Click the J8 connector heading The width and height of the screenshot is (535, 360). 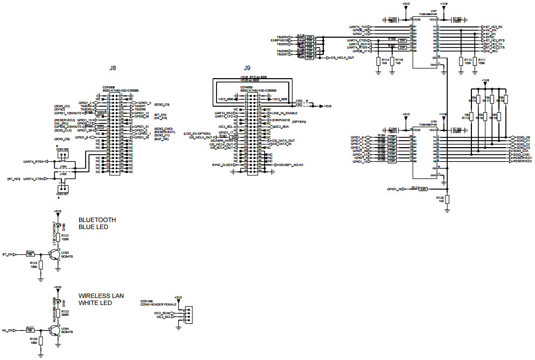[x=113, y=68]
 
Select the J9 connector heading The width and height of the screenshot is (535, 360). [x=247, y=68]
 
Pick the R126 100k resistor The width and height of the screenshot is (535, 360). [x=41, y=342]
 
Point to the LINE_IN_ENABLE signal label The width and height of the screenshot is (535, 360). [x=285, y=113]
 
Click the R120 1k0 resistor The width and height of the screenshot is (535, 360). [x=447, y=200]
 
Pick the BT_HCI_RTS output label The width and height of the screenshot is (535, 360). [x=494, y=40]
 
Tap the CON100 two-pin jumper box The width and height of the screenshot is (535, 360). [x=62, y=156]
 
